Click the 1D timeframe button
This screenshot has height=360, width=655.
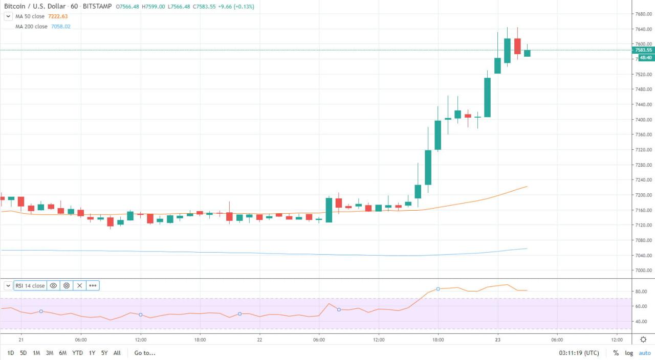11,353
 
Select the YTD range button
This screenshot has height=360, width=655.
77,353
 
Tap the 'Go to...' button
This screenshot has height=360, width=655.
145,353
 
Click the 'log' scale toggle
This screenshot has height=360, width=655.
629,353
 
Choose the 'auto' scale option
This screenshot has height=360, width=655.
644,353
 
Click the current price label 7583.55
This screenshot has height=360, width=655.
643,50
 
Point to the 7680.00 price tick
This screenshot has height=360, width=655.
643,14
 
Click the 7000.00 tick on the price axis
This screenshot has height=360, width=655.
643,271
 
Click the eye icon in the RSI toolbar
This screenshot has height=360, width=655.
53,286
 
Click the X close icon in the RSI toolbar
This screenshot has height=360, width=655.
79,286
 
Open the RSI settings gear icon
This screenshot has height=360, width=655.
67,286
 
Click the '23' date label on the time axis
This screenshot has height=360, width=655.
497,340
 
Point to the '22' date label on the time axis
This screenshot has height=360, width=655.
259,340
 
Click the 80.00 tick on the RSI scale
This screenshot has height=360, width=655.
641,291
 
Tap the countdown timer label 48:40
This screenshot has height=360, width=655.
645,58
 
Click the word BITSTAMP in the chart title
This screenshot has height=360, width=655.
97,7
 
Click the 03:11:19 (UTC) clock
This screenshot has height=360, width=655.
579,353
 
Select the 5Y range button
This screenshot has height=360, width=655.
104,353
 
